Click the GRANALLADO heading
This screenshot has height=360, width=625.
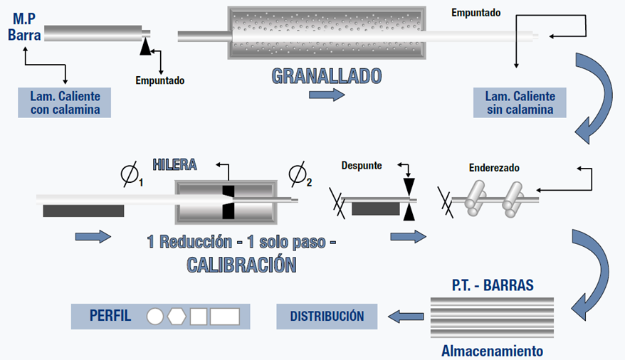[327, 76]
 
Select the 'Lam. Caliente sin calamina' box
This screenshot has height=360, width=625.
[520, 102]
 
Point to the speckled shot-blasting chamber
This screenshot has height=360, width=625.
[327, 34]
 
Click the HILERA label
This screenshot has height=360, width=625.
[174, 164]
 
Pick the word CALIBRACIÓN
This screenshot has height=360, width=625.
[241, 265]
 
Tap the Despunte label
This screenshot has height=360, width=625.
[362, 165]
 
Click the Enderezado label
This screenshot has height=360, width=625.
[494, 169]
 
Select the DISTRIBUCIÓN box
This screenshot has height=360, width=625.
[327, 316]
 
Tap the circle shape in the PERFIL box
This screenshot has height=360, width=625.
[155, 316]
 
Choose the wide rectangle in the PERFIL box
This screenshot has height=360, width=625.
[224, 316]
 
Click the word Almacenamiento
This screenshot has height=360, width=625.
[492, 351]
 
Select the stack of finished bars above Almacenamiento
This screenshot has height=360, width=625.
[492, 317]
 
